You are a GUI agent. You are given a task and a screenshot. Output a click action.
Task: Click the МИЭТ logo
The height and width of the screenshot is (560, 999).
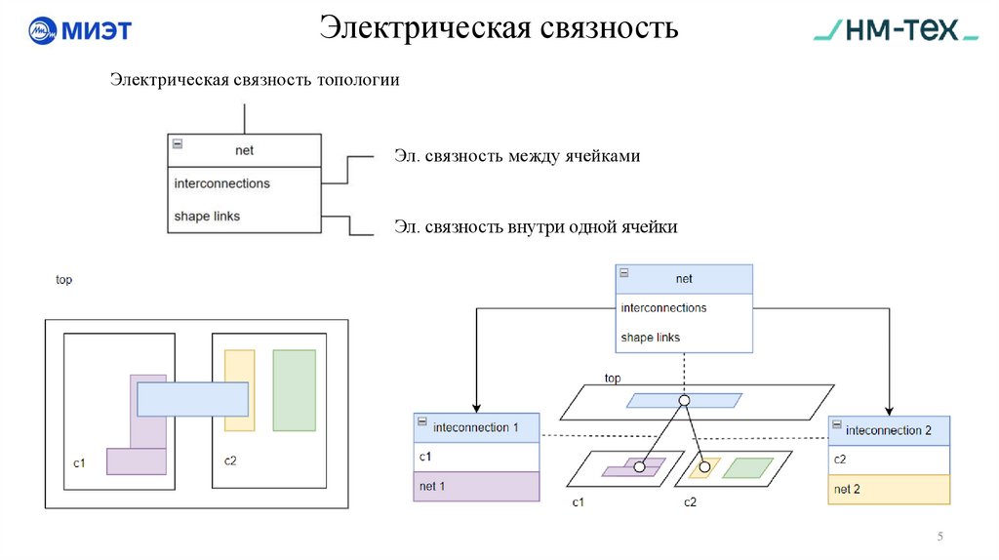[x=79, y=30]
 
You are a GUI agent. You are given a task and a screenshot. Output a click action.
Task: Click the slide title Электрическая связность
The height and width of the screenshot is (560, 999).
[x=499, y=27]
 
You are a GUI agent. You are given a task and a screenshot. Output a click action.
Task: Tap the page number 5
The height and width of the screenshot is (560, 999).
[x=940, y=537]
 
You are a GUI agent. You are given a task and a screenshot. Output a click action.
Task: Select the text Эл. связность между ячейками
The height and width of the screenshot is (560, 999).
[x=517, y=156]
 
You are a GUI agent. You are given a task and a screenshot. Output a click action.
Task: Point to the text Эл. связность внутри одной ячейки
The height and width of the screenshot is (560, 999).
[x=536, y=227]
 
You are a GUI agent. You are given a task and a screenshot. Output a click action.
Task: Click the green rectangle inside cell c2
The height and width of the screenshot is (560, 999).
[x=294, y=390]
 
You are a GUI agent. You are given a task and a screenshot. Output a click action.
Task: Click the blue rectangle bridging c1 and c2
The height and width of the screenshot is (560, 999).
[x=192, y=399]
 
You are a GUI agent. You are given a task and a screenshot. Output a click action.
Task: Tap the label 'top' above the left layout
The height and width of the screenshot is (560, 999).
[x=63, y=280]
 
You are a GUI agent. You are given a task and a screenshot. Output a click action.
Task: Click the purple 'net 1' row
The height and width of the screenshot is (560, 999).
[x=476, y=486]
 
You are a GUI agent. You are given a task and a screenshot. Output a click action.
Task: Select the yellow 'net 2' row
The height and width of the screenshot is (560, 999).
[x=889, y=489]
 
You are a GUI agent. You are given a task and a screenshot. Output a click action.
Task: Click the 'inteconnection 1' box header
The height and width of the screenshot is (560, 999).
[x=476, y=427]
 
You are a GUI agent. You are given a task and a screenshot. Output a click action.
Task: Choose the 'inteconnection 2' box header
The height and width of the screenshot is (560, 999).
[x=889, y=430]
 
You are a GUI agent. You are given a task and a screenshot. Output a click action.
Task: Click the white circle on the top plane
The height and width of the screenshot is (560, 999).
[x=684, y=401]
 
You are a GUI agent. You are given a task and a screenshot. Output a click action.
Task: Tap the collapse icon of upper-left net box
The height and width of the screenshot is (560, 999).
[x=178, y=143]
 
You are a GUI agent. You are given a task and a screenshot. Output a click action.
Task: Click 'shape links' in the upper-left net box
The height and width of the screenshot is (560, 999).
[x=207, y=216]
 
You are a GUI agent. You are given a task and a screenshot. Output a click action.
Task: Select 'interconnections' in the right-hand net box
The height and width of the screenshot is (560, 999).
[x=663, y=308]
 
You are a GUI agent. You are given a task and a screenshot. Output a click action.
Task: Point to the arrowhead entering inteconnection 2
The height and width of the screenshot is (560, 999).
[x=889, y=411]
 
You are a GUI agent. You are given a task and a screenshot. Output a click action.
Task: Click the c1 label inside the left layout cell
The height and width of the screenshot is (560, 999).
[x=80, y=461]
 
